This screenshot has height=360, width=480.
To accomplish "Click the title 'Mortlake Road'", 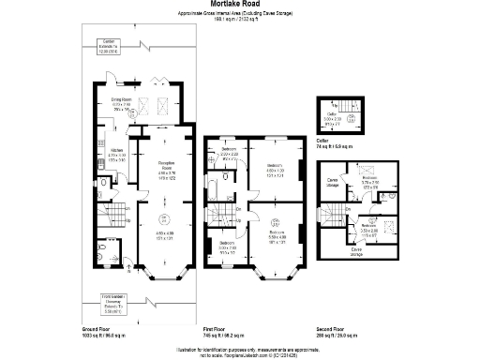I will pos(239,5).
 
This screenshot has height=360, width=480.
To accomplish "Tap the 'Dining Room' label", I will pos(123,100).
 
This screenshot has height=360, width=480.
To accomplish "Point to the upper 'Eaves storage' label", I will pos(332,180).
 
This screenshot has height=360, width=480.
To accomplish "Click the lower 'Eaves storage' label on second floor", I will pos(356,250).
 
